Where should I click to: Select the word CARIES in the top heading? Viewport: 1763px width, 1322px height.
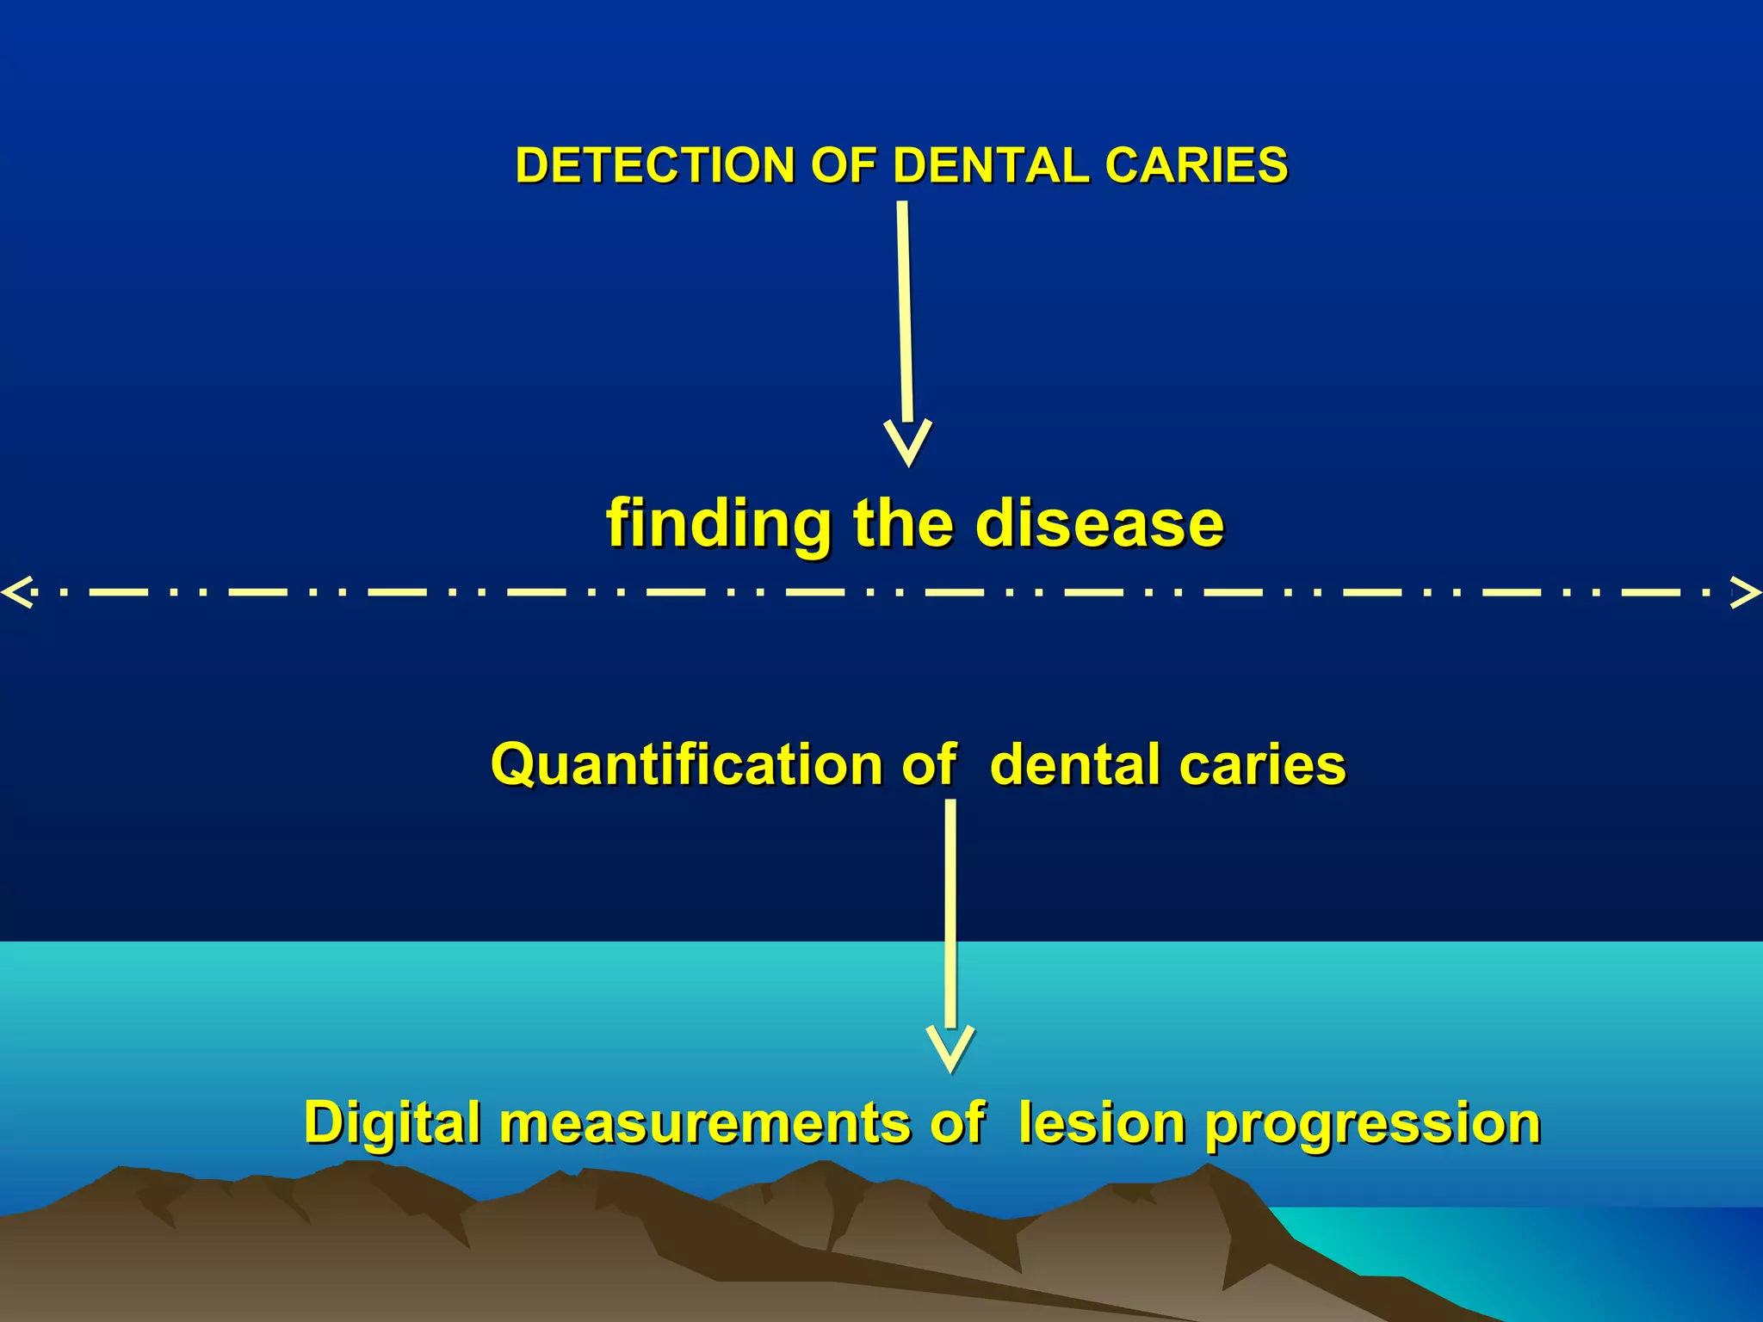click(1196, 165)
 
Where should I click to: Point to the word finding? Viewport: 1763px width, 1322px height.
click(719, 525)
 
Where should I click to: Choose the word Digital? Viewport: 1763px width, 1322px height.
click(392, 1124)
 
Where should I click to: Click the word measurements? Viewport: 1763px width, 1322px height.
click(705, 1124)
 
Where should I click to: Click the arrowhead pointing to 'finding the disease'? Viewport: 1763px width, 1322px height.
click(908, 442)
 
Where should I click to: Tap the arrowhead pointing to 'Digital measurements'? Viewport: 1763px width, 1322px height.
click(950, 1048)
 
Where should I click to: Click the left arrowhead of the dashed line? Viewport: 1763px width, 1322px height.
click(17, 592)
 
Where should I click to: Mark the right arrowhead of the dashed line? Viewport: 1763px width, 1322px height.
click(1746, 592)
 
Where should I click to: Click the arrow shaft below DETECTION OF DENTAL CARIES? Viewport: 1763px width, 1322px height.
click(905, 310)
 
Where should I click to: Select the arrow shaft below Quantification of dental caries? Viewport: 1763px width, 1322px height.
click(950, 912)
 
